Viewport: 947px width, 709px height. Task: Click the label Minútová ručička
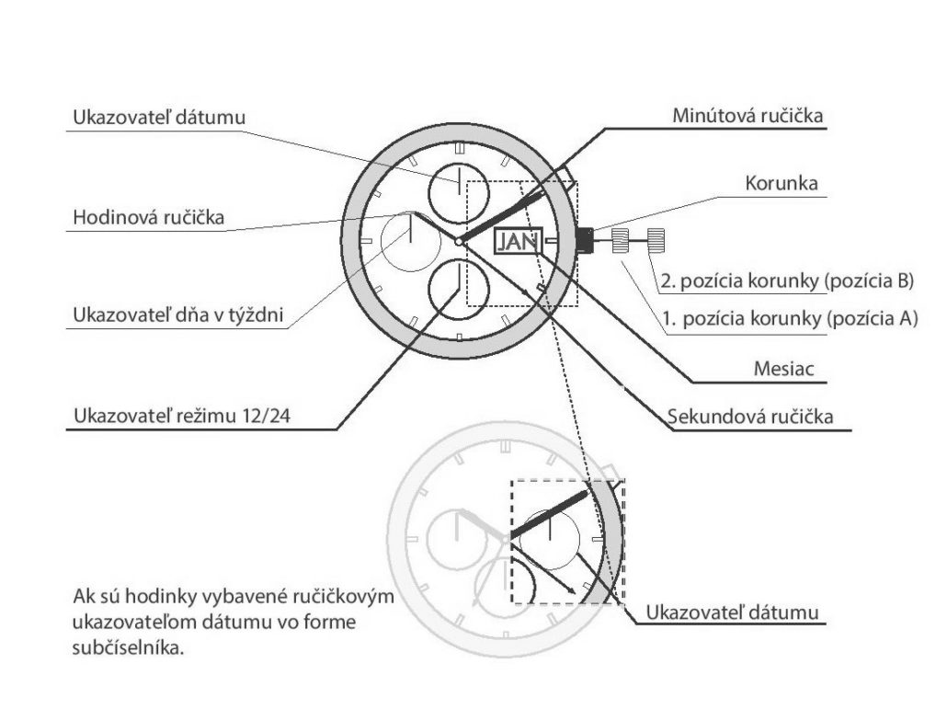pyautogui.click(x=747, y=115)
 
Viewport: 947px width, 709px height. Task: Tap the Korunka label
pyautogui.click(x=782, y=183)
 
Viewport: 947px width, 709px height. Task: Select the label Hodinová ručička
pyautogui.click(x=149, y=217)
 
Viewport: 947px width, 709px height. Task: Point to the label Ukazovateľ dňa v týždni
pyautogui.click(x=178, y=314)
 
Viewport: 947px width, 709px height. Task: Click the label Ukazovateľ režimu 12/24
pyautogui.click(x=182, y=416)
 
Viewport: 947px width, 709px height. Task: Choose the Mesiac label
pyautogui.click(x=784, y=369)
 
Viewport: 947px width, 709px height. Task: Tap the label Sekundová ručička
pyautogui.click(x=750, y=416)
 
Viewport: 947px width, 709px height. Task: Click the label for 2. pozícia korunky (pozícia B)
pyautogui.click(x=788, y=280)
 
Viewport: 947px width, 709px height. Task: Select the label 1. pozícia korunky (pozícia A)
pyautogui.click(x=790, y=318)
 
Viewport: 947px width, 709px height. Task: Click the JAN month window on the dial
pyautogui.click(x=519, y=241)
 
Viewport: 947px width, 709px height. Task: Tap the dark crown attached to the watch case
pyautogui.click(x=584, y=240)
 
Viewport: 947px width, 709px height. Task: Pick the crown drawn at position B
pyautogui.click(x=656, y=240)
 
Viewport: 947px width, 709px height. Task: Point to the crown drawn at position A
pyautogui.click(x=621, y=240)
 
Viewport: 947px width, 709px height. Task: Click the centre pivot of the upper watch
pyautogui.click(x=459, y=242)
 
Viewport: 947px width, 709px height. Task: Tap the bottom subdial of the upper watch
pyautogui.click(x=459, y=289)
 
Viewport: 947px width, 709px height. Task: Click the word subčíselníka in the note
pyautogui.click(x=128, y=648)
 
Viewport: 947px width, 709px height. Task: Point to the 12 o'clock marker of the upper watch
pyautogui.click(x=459, y=147)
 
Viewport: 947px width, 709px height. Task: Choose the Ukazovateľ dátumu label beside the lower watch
pyautogui.click(x=732, y=612)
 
